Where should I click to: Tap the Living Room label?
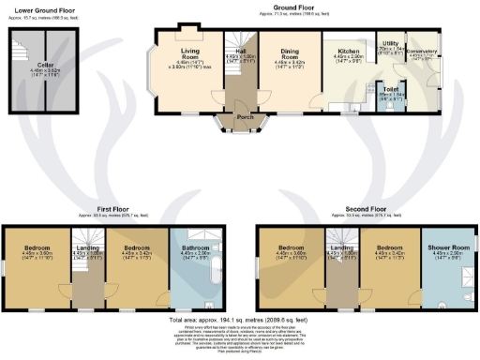pos(183,51)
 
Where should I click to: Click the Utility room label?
pos(390,44)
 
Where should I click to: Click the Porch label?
pos(244,117)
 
